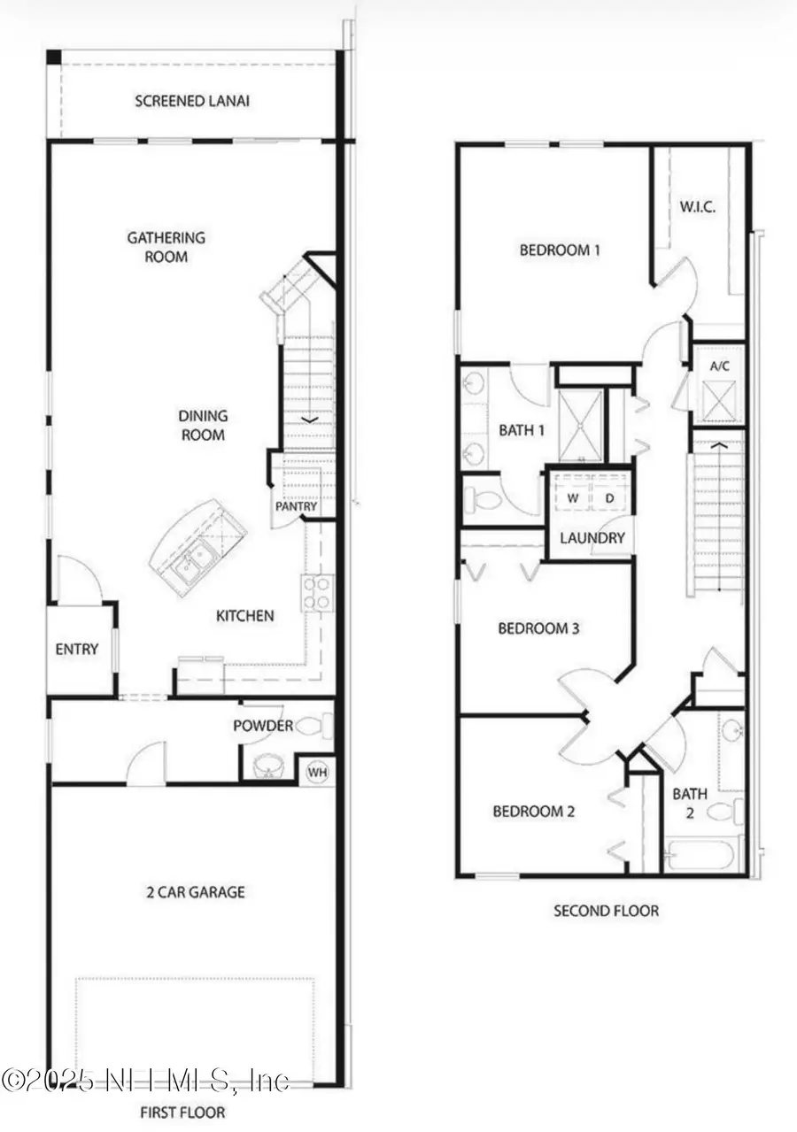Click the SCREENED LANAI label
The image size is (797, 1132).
[x=191, y=101]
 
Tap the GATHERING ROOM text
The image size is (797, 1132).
[x=166, y=247]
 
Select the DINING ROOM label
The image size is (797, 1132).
[x=203, y=425]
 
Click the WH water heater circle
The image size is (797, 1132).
[x=317, y=772]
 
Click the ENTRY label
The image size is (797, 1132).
[x=77, y=649]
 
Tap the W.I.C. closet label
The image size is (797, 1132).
[x=698, y=207]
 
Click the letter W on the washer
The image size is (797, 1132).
[x=573, y=498]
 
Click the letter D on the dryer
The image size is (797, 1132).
[x=609, y=498]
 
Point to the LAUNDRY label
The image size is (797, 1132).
[x=592, y=537]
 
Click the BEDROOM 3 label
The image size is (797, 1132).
[x=538, y=629]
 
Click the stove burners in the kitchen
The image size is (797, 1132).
[x=315, y=592]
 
